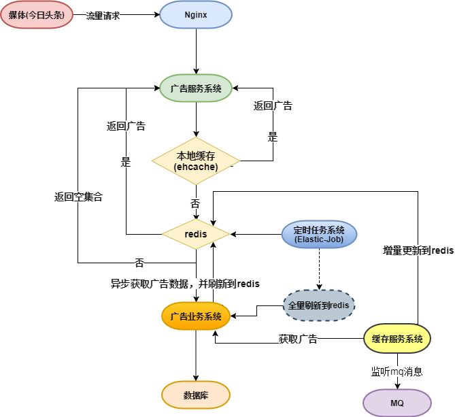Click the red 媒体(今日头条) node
tap(37, 14)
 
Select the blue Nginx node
tap(196, 14)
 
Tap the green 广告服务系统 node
tap(196, 88)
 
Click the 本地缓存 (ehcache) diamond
tap(196, 161)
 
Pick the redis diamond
tap(196, 234)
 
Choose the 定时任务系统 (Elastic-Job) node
tap(319, 234)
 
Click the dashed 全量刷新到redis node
tap(319, 305)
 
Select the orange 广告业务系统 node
tap(196, 316)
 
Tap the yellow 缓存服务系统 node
tap(397, 338)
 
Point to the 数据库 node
tap(196, 395)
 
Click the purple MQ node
tap(397, 403)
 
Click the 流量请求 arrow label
tap(103, 16)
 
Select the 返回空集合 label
tap(78, 197)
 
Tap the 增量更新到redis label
tap(418, 250)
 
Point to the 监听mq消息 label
tap(397, 371)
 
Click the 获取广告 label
tap(298, 339)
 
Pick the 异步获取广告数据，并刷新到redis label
tap(185, 284)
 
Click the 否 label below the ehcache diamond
tap(195, 203)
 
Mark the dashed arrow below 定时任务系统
tap(319, 269)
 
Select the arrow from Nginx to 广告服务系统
tap(196, 52)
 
